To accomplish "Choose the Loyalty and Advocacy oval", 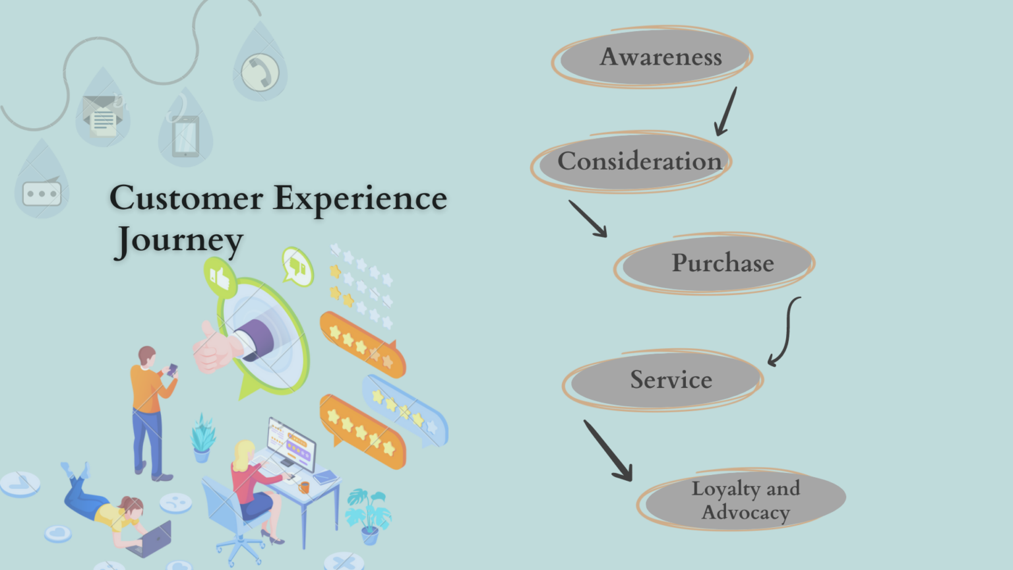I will click(x=744, y=500).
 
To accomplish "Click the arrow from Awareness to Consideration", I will click(x=726, y=112).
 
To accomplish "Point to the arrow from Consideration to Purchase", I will click(x=588, y=219).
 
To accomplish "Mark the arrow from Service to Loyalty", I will click(x=608, y=451).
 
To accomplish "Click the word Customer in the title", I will click(x=186, y=198).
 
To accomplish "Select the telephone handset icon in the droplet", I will click(x=260, y=71).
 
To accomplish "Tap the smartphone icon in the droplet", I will click(x=185, y=136).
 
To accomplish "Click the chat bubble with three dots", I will click(x=42, y=193).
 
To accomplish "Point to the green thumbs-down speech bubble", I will click(x=297, y=267).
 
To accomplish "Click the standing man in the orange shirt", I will click(x=151, y=409).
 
